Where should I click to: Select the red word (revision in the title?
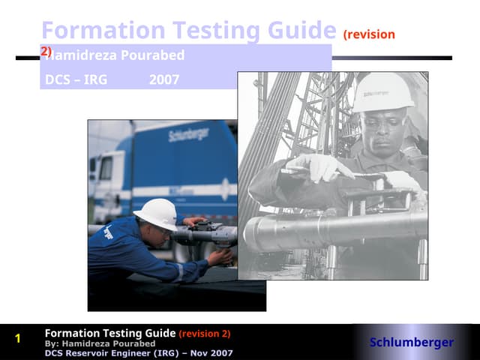pos(369,34)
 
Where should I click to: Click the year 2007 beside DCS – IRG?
pos(163,79)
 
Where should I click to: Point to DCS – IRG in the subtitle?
pos(76,79)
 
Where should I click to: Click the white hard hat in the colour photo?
pos(156,212)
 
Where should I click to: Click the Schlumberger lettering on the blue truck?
pos(188,136)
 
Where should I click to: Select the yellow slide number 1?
pos(18,339)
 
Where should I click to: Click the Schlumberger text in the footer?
pos(411,343)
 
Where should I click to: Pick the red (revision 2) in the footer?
pos(205,334)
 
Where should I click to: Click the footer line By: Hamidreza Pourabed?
pos(100,343)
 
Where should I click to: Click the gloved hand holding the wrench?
pos(314,167)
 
